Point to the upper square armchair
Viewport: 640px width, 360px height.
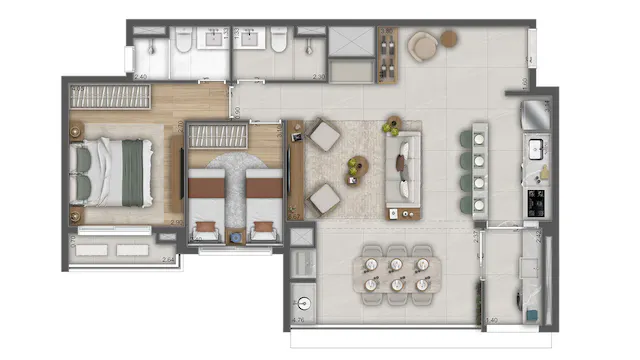[323, 135]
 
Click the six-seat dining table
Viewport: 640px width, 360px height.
[397, 273]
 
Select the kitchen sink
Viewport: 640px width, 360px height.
[536, 150]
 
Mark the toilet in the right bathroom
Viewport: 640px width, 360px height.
[280, 41]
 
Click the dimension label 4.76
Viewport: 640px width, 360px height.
[297, 320]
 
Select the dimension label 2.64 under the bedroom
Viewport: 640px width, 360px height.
[169, 259]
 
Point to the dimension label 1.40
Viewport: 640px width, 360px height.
[491, 321]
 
